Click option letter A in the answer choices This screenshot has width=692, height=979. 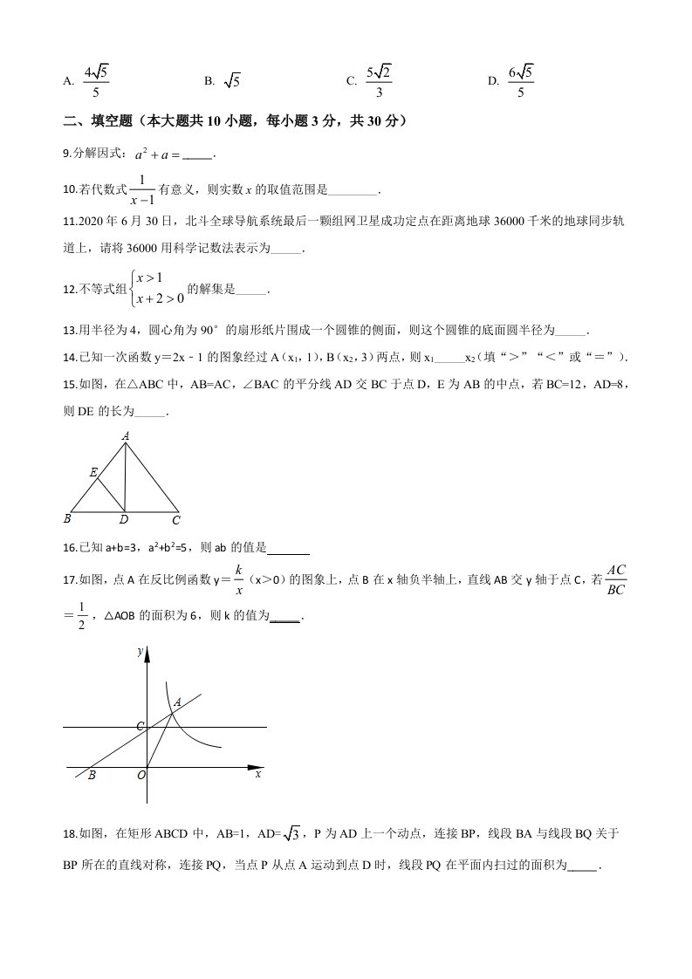68,81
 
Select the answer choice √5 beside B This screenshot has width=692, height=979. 231,81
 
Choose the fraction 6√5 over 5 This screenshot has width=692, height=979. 521,80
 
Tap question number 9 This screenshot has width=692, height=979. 67,154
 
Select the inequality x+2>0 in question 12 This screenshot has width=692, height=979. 160,298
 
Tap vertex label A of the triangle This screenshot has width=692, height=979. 126,435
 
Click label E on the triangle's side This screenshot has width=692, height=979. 92,472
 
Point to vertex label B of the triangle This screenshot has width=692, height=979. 67,519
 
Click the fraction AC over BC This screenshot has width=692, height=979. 616,579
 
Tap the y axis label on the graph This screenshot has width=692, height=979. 140,651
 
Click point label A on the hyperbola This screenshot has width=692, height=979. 178,702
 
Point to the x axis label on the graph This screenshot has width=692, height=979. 258,774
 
